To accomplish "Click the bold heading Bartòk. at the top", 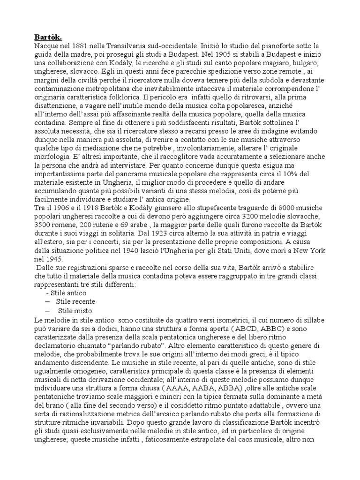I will pyautogui.click(x=48, y=37).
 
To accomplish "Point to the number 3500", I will pyautogui.click(x=44, y=225).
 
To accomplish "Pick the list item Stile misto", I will pyautogui.click(x=75, y=310).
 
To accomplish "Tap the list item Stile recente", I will pyautogui.click(x=75, y=301).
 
